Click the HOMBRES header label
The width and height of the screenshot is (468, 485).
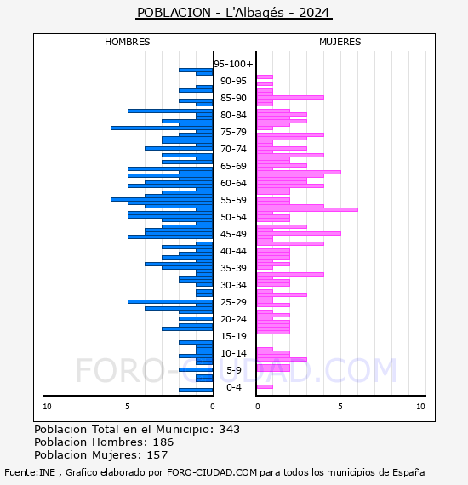(127, 42)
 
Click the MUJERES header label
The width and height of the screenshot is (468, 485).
(340, 42)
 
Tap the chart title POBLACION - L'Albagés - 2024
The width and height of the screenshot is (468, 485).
(233, 13)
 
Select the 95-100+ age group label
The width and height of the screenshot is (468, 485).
(233, 64)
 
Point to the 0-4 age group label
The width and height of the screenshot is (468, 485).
(233, 387)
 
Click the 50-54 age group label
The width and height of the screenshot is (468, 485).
(233, 217)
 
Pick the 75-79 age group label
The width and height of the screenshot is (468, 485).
(233, 132)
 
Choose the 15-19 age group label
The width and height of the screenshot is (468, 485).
(233, 336)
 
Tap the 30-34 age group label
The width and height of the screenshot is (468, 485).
(233, 285)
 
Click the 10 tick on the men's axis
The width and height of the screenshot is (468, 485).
(47, 407)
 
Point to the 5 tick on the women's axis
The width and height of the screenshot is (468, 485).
(340, 407)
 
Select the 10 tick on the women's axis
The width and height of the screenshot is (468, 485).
(420, 407)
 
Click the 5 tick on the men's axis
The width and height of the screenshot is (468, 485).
(128, 407)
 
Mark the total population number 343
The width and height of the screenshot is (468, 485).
(229, 430)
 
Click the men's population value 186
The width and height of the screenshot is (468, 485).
(163, 442)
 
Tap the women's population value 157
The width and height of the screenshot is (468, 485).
(157, 454)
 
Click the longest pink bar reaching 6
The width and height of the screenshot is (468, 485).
(307, 209)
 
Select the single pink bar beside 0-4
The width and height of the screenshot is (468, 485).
(265, 386)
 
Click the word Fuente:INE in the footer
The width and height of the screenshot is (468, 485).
(30, 472)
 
